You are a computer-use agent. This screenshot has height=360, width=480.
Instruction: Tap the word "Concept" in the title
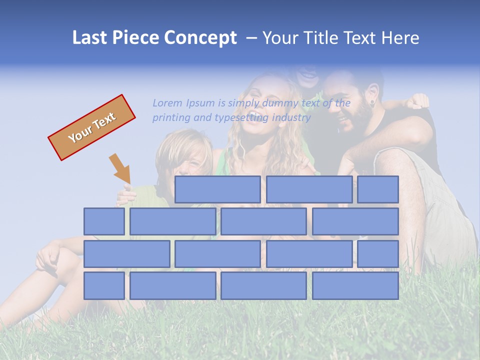[200, 38]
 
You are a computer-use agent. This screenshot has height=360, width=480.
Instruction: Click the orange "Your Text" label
[92, 127]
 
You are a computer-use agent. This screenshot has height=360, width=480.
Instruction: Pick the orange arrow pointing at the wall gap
[120, 169]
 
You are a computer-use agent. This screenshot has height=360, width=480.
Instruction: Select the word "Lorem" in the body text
[167, 103]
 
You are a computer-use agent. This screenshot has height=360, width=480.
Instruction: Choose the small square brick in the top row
[378, 189]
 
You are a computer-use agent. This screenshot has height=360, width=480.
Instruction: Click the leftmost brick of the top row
[217, 189]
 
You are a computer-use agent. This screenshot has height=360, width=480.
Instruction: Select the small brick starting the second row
[104, 221]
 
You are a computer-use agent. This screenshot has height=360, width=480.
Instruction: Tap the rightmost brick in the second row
[355, 221]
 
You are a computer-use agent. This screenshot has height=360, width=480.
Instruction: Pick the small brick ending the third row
[378, 254]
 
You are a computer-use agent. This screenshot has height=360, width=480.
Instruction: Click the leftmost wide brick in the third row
[127, 254]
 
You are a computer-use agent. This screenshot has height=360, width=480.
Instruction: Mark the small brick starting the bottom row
[104, 286]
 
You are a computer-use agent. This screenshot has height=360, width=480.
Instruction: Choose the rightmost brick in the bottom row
[355, 286]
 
